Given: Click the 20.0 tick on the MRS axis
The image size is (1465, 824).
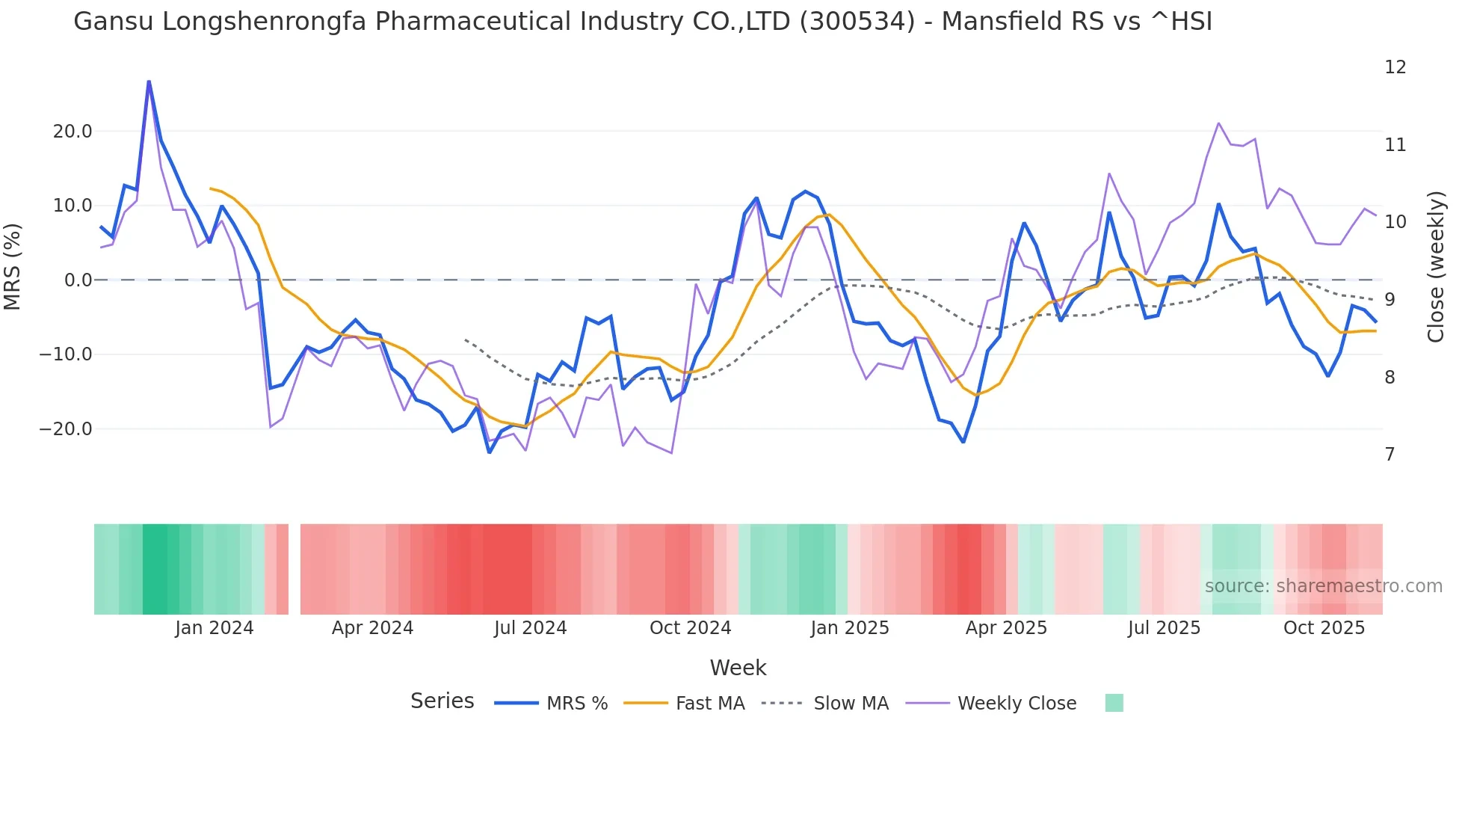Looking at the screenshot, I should pos(72,132).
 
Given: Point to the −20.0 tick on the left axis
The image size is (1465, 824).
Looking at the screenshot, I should pos(66,429).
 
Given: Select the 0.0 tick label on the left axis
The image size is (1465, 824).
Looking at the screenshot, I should pos(78,280).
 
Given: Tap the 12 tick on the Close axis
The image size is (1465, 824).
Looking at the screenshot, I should pos(1395,67).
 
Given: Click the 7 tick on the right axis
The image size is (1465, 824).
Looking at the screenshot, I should pos(1390,455).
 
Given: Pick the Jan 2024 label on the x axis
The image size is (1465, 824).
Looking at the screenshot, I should pos(214,628).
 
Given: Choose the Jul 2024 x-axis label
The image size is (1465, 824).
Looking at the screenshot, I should pos(530,628).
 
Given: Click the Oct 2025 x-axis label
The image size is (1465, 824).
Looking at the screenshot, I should pos(1324,628).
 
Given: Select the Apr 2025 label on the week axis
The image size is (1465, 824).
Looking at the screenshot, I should pos(1006,628).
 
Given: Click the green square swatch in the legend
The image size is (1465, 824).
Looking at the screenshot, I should pos(1114,703).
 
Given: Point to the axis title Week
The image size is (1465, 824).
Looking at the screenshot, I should pos(738,668).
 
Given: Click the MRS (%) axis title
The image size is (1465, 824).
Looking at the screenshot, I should pos(13,266).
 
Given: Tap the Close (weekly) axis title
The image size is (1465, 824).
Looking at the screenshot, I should pos(1436,267).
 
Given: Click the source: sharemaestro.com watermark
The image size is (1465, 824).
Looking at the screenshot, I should pos(1323,586).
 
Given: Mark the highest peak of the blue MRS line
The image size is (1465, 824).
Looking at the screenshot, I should pos(149,82).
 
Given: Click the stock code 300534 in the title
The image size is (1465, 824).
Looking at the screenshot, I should pos(857,22).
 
